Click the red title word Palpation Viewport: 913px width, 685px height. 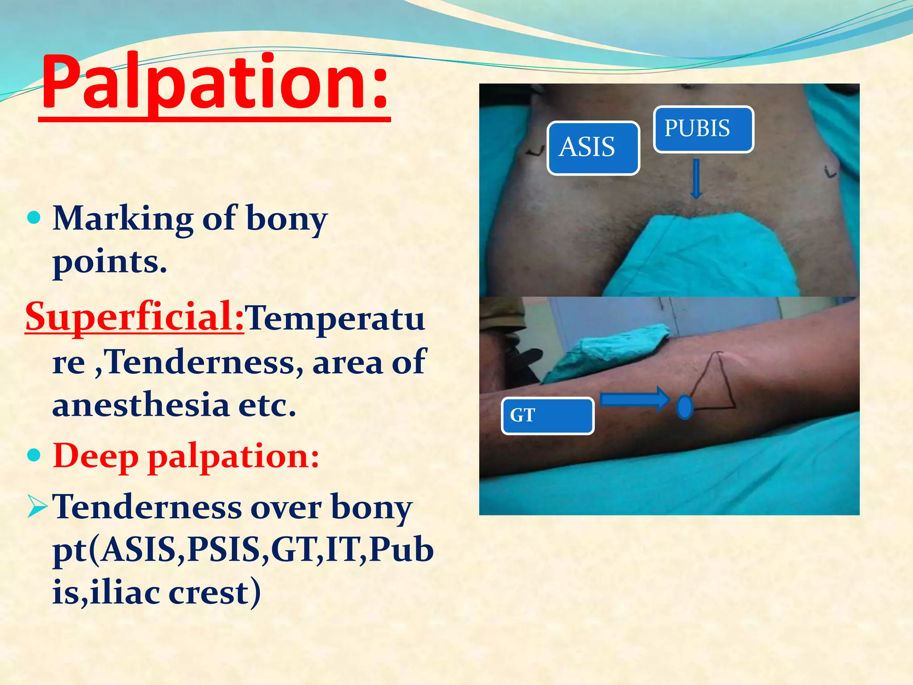coord(214,83)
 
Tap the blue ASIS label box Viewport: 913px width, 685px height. coord(593,148)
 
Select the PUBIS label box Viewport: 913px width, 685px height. coord(703,129)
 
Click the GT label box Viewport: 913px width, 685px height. coord(547,416)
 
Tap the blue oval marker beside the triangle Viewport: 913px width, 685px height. coord(684,407)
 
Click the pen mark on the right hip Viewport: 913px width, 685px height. coord(830,171)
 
